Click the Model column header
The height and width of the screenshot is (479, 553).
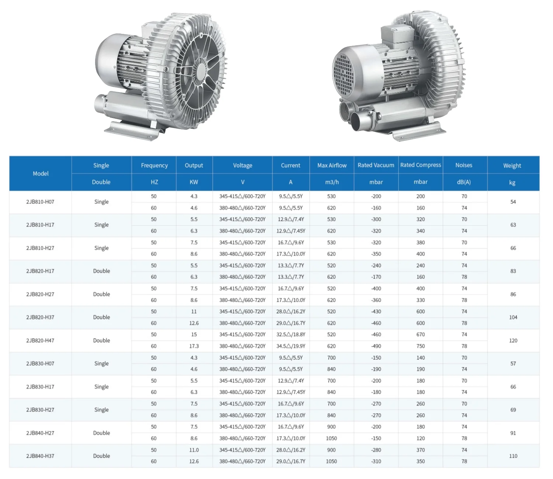41,173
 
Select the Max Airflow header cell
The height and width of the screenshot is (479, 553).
332,165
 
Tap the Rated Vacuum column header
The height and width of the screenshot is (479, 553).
376,165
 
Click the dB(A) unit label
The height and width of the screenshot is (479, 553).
464,182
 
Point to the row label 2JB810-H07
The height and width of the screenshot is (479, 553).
40,202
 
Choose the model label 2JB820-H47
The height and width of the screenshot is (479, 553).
40,340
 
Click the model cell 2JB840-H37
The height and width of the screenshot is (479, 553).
40,456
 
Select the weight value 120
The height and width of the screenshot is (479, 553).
513,340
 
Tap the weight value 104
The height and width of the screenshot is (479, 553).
513,317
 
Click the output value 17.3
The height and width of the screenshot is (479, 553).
194,346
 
